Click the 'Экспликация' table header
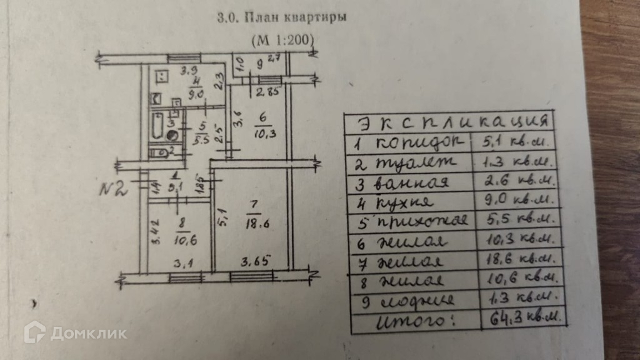(x=449, y=121)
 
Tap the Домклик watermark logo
(x=75, y=332)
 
